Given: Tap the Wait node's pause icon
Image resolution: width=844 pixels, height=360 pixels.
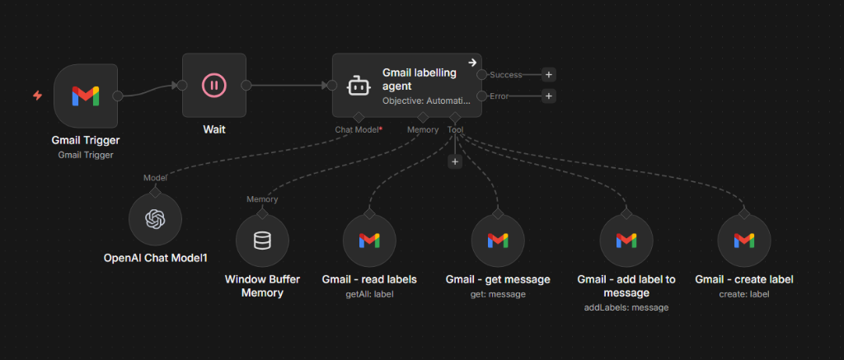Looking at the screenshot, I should pyautogui.click(x=213, y=85).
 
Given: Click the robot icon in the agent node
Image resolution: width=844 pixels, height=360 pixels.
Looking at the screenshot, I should pyautogui.click(x=356, y=86).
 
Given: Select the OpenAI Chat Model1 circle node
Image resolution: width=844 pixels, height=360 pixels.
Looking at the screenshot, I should pyautogui.click(x=155, y=219).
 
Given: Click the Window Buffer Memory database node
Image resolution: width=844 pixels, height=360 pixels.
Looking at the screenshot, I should pyautogui.click(x=262, y=241).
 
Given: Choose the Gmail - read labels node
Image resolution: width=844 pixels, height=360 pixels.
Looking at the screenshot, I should pyautogui.click(x=369, y=241).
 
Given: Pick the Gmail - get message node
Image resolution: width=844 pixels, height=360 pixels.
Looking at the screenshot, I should pyautogui.click(x=498, y=241).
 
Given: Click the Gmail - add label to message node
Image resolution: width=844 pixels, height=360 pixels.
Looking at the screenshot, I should pyautogui.click(x=626, y=241).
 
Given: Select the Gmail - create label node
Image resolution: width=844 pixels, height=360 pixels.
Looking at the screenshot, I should pyautogui.click(x=744, y=241).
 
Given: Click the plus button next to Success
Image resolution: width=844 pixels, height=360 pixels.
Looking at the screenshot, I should pyautogui.click(x=549, y=74).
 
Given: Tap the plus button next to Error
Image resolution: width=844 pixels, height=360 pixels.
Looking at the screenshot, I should pyautogui.click(x=549, y=96).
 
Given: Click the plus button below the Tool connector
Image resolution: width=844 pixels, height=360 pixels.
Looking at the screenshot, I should pyautogui.click(x=454, y=162).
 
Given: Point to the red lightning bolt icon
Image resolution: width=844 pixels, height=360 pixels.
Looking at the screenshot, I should pyautogui.click(x=37, y=96).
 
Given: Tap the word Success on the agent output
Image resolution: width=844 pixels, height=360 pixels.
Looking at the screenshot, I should pyautogui.click(x=506, y=74).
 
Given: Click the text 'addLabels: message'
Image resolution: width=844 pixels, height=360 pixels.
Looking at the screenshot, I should pyautogui.click(x=626, y=307).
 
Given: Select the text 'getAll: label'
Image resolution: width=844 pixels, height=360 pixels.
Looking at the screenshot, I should pyautogui.click(x=369, y=293).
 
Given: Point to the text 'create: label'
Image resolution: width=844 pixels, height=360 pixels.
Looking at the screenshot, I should pyautogui.click(x=744, y=293).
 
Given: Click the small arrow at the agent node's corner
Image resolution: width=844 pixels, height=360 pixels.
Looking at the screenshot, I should pyautogui.click(x=472, y=62).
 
